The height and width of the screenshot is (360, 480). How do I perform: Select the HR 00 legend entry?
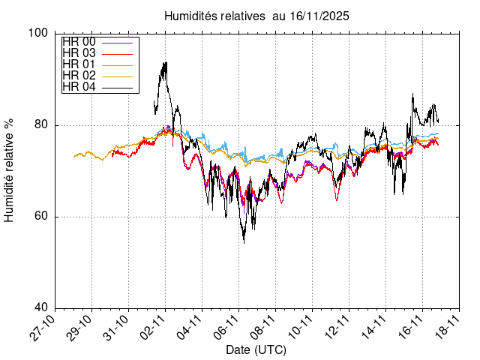point(79,41)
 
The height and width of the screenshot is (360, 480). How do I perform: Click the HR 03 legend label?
point(79,52)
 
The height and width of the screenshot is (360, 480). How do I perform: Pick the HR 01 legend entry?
point(79,64)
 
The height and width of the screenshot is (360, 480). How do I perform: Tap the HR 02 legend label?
point(79,75)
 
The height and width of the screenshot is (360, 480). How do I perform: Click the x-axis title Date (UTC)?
point(256,349)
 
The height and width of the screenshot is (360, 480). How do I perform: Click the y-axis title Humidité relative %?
point(10,170)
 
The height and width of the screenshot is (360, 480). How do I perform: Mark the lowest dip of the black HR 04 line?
point(244,242)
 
